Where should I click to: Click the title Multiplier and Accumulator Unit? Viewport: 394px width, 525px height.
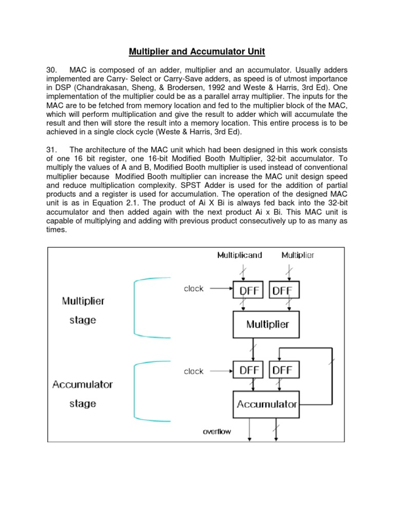coord(197,52)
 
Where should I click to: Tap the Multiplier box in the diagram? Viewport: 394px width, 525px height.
coord(267,324)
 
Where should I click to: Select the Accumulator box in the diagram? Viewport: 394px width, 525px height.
coord(267,404)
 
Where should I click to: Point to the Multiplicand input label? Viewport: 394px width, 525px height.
coord(240,255)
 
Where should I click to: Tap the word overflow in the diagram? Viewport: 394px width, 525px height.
coord(216,431)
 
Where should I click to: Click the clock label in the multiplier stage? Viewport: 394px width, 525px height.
coord(194,289)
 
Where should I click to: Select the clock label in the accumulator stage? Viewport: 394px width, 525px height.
coord(194,371)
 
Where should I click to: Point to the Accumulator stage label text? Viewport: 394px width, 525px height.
coord(83,394)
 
